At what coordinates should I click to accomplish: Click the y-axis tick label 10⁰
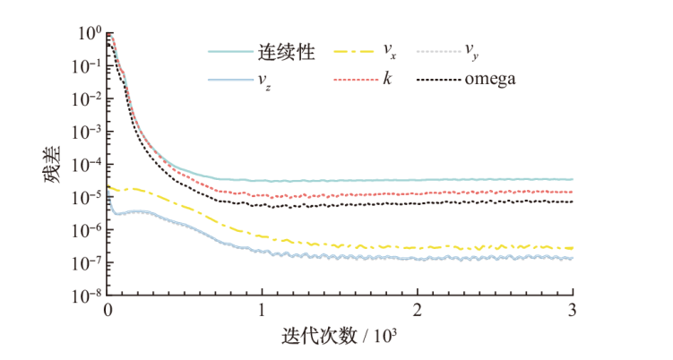point(89,32)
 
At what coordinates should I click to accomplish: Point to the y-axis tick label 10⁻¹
point(87,65)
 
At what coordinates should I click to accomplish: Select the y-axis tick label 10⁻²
point(87,99)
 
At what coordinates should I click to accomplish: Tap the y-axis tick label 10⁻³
point(87,131)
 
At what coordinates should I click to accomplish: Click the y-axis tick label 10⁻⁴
point(87,164)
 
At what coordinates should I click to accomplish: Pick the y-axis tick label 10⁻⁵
point(87,196)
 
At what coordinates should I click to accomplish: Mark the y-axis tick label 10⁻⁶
point(87,229)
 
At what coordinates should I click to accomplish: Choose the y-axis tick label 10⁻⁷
point(87,261)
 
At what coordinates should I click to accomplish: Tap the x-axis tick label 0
point(108,311)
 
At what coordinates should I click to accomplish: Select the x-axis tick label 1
point(263,311)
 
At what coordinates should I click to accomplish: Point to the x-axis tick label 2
point(418,311)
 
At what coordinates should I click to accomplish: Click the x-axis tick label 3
point(572,311)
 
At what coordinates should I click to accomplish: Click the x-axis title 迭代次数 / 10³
point(340,338)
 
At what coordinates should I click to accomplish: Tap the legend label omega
point(490,80)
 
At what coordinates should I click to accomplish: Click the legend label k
point(387,80)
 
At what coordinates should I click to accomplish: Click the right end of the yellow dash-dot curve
point(572,248)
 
